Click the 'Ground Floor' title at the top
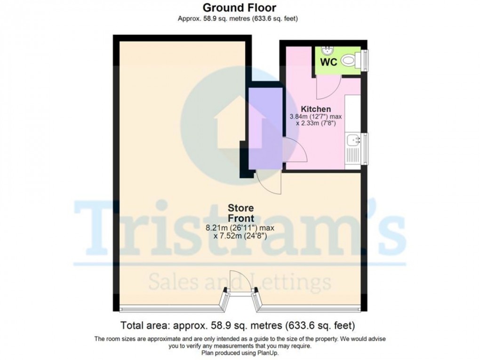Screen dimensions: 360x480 (239, 8)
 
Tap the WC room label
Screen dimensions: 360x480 (328, 63)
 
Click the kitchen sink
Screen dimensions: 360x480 (353, 140)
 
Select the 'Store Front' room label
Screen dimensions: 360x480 (240, 213)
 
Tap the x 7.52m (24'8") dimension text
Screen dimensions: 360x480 (240, 236)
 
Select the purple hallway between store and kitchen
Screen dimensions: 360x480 (264, 127)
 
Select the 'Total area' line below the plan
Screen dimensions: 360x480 (238, 325)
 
